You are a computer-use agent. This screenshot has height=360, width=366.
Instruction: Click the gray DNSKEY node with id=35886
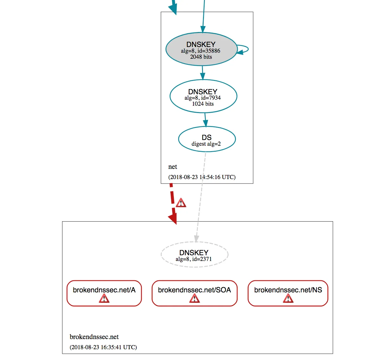pyautogui.click(x=201, y=50)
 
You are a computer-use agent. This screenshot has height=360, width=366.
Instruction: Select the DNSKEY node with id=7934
pyautogui.click(x=203, y=97)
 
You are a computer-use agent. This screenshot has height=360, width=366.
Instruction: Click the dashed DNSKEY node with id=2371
pyautogui.click(x=194, y=255)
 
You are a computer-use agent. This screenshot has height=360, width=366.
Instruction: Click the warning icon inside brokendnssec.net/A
pyautogui.click(x=104, y=298)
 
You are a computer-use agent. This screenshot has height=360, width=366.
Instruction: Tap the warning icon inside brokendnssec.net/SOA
pyautogui.click(x=194, y=298)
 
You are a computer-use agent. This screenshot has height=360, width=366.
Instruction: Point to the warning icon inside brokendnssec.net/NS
pyautogui.click(x=288, y=298)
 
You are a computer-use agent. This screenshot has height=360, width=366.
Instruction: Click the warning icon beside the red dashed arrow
pyautogui.click(x=181, y=203)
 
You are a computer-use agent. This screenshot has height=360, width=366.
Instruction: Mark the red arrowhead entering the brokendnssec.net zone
pyautogui.click(x=173, y=219)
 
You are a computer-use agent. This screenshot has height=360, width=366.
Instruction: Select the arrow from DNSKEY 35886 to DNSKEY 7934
pyautogui.click(x=202, y=73)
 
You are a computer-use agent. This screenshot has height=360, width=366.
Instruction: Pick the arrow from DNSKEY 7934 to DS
pyautogui.click(x=205, y=120)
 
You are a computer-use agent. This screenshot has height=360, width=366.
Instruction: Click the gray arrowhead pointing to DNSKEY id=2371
pyautogui.click(x=197, y=238)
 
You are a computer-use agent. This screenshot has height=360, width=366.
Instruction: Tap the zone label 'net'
pyautogui.click(x=173, y=167)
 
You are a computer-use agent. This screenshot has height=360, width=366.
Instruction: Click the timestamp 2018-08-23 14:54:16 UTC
pyautogui.click(x=202, y=177)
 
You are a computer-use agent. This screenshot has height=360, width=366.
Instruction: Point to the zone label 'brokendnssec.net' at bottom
pyautogui.click(x=94, y=337)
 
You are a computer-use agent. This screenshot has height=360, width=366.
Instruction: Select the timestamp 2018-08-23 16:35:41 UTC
pyautogui.click(x=103, y=347)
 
